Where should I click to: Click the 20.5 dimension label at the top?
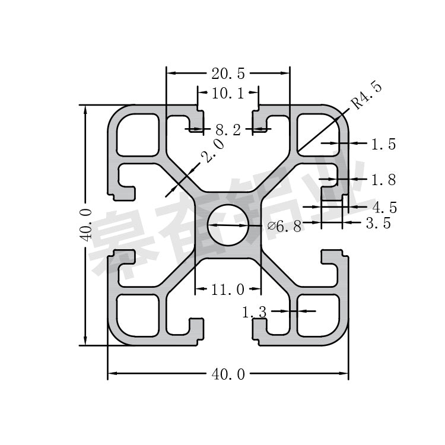228,74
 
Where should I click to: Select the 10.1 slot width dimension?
228,93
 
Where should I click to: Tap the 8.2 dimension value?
228,129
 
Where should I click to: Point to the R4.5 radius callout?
367,95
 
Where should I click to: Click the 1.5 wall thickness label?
383,144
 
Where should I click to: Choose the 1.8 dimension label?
383,179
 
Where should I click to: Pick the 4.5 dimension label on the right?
384,207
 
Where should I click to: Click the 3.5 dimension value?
378,224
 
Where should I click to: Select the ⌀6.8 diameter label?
285,226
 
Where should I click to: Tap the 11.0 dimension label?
228,290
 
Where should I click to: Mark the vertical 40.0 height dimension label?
86,225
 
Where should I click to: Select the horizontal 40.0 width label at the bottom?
228,374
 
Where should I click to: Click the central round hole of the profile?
228,225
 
